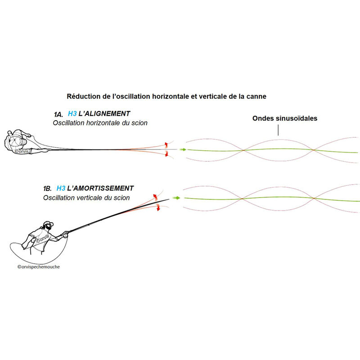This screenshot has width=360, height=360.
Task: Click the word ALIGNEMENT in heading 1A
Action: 104,114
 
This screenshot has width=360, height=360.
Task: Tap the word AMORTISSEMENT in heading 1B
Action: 100,188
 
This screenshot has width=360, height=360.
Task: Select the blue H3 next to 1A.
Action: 72,114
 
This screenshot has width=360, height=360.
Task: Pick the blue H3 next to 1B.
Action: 61,188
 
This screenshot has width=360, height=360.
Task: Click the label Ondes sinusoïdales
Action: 285,118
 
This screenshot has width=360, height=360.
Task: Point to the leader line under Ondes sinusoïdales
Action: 278,130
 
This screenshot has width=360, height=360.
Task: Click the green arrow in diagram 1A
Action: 183,150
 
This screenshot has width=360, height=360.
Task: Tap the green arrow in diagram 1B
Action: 176,198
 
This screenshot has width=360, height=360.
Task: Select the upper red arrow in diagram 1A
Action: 166,144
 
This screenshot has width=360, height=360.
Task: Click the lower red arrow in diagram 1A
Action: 166,154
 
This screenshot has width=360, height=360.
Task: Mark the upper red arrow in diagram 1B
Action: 155,197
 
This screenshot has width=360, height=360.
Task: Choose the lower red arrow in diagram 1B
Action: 158,207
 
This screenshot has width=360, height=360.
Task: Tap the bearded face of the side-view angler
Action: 48,226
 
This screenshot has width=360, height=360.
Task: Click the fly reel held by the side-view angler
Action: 65,235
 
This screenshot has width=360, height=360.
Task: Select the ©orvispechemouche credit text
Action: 39,267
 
